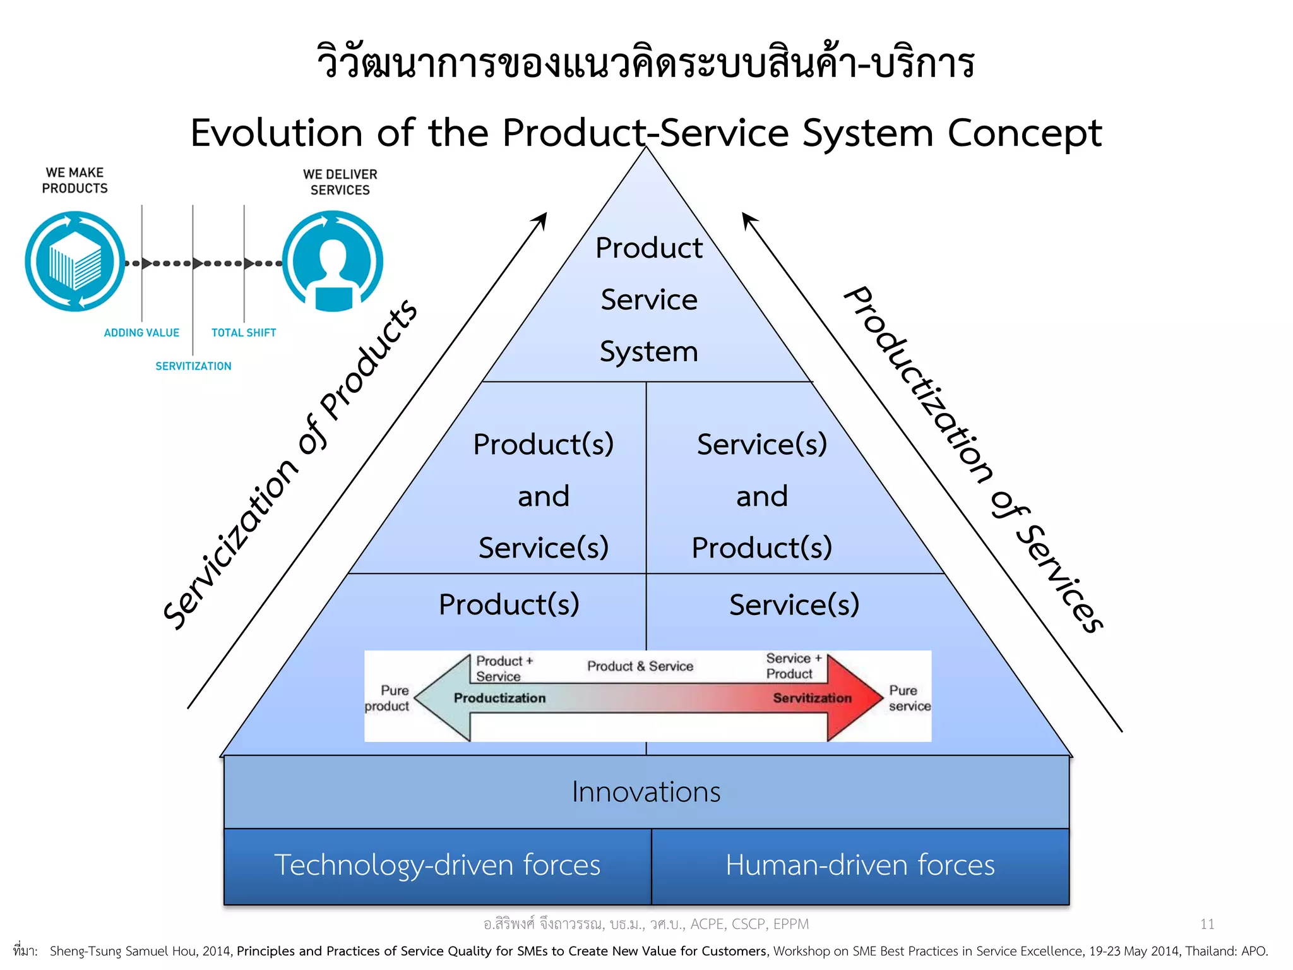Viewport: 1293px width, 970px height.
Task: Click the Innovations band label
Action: [646, 792]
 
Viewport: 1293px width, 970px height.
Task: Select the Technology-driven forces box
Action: [437, 865]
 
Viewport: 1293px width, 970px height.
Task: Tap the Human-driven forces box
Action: [860, 865]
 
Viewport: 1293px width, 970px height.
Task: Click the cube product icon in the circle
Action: [75, 261]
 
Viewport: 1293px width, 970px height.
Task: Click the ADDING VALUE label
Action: [141, 333]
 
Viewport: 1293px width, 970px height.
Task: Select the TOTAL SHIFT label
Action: [244, 333]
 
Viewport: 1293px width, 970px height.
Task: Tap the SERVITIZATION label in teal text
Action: [193, 366]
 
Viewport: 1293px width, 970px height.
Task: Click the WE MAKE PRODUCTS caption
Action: [74, 181]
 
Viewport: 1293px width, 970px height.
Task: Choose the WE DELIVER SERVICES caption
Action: [340, 182]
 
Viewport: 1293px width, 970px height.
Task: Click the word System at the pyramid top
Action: [648, 351]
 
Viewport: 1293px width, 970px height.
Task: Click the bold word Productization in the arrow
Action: [499, 698]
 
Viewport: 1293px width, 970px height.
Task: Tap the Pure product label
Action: [388, 698]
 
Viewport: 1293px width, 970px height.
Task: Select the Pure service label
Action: [909, 698]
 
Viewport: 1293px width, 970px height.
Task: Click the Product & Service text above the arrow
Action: [640, 666]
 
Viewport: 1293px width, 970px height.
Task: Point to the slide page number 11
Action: [1207, 924]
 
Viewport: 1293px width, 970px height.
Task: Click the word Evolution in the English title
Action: [276, 133]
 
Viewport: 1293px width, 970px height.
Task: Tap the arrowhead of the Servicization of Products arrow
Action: [542, 219]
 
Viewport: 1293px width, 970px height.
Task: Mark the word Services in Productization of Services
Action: [1061, 579]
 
